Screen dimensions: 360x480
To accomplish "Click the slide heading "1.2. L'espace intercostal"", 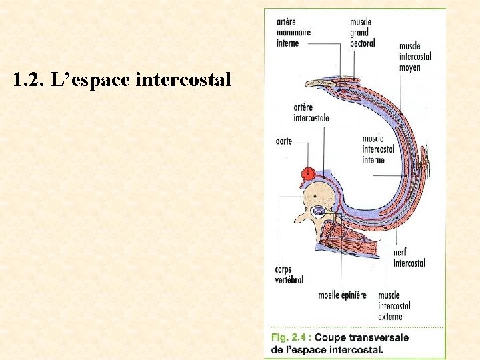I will [x=122, y=81].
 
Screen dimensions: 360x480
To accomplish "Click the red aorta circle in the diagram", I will [x=308, y=175].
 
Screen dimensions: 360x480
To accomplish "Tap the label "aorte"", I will [x=283, y=142].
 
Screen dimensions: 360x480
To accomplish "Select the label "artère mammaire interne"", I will [x=293, y=32].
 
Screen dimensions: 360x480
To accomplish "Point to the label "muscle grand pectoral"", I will [x=362, y=32].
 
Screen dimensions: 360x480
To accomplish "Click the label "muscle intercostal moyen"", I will [x=415, y=57].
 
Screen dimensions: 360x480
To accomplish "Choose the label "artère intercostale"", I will [x=311, y=113].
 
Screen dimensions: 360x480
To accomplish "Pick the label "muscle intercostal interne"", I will [x=378, y=149].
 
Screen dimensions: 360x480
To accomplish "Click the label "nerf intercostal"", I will [x=409, y=258].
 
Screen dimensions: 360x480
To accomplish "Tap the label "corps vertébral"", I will [x=289, y=275].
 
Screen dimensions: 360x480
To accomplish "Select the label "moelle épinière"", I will [x=342, y=295].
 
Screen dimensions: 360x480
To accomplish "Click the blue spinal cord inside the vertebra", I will [x=319, y=211].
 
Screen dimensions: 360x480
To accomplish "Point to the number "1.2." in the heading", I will [x=27, y=81].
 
